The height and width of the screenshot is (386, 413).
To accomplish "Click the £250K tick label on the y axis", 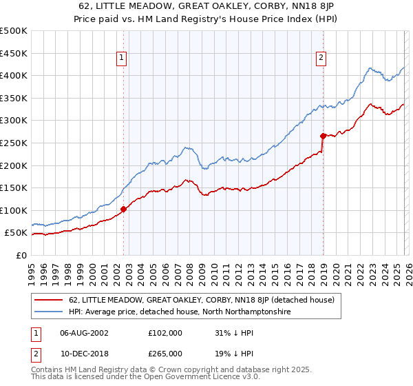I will pyautogui.click(x=14, y=143).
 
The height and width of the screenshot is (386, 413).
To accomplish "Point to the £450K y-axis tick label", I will pyautogui.click(x=14, y=53).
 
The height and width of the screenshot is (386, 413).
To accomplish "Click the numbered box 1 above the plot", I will pyautogui.click(x=122, y=59).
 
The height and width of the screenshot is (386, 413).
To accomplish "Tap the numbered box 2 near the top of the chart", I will pyautogui.click(x=321, y=59).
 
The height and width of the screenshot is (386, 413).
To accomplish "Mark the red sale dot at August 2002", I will pyautogui.click(x=123, y=209).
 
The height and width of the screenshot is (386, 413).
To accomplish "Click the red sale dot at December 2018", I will pyautogui.click(x=323, y=136).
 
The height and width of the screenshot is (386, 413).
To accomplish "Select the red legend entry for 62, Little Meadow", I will pyautogui.click(x=201, y=300).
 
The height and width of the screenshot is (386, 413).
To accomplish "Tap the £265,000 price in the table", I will pyautogui.click(x=165, y=354).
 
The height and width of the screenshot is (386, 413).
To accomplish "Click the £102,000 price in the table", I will pyautogui.click(x=165, y=333).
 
